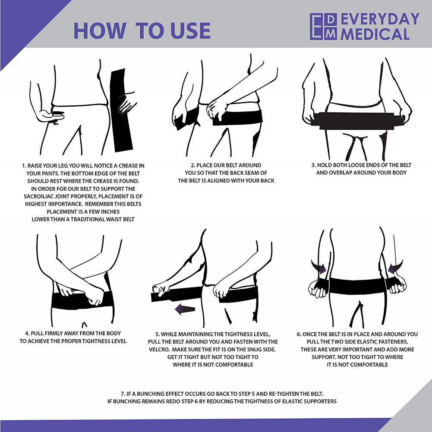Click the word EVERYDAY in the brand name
point(380,19)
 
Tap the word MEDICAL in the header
point(375,34)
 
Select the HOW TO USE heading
point(142,30)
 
